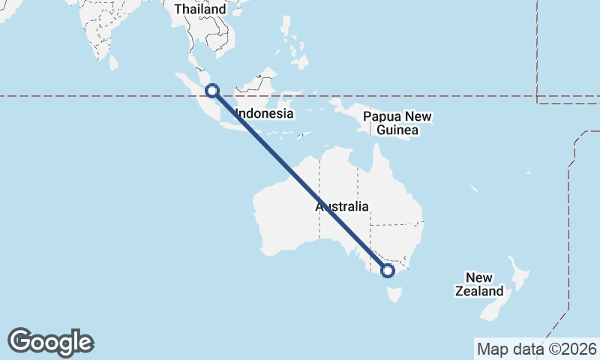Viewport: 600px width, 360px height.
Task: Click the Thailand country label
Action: [x=200, y=9]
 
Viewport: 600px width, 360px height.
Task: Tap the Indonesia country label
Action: [x=263, y=114]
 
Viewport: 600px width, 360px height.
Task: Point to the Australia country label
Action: [x=342, y=206]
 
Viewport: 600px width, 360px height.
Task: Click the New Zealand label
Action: [x=479, y=284]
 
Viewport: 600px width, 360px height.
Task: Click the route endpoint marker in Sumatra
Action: [x=212, y=91]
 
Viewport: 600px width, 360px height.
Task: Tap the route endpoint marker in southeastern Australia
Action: [x=388, y=271]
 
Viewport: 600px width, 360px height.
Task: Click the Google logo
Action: [x=50, y=342]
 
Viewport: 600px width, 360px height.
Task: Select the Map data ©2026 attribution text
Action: [x=537, y=349]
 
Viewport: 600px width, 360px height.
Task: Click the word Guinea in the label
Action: [x=397, y=130]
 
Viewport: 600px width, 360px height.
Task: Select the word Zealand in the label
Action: [x=479, y=291]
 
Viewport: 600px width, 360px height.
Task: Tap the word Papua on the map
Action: [x=380, y=117]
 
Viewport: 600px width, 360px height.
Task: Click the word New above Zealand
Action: [x=479, y=277]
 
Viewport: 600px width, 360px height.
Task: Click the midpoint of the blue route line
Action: [x=300, y=181]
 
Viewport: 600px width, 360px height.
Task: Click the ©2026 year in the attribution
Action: [x=573, y=349]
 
